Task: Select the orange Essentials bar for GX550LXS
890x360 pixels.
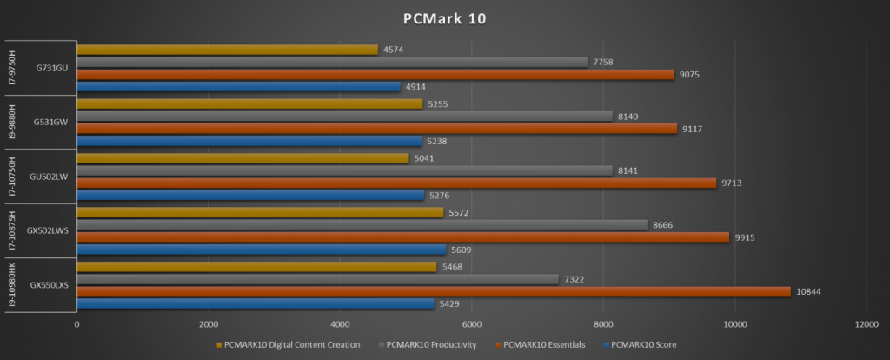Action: pos(434,291)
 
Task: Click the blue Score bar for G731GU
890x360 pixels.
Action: pos(238,87)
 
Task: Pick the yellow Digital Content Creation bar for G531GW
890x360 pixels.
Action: pos(249,103)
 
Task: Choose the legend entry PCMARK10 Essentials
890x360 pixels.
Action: pos(542,344)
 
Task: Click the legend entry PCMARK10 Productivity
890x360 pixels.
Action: pos(429,344)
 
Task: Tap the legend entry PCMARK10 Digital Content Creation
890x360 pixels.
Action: pos(291,344)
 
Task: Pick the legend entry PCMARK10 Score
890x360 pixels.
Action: pos(644,344)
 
